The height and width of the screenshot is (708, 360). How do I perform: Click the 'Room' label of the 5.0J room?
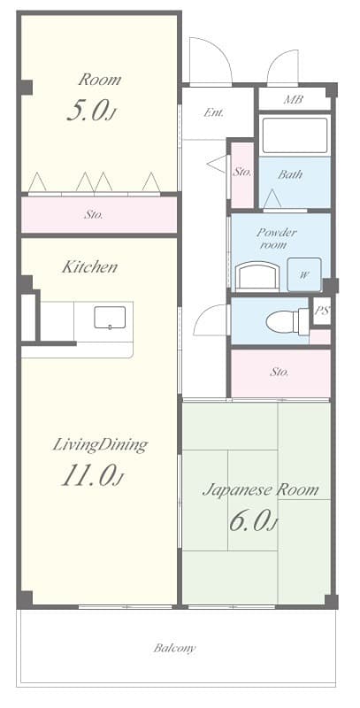[99, 80]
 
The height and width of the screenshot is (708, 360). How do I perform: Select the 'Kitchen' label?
[88, 266]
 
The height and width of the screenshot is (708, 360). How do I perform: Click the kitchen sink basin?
[110, 317]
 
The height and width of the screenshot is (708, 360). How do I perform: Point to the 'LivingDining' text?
[100, 444]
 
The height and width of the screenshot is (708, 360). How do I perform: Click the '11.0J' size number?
[92, 477]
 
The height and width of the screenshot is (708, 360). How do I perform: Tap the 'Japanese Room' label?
[261, 489]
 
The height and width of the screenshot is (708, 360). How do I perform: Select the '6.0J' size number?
[252, 521]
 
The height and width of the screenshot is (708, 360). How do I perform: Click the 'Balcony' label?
[174, 648]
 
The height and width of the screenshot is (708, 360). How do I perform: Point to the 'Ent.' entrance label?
[213, 112]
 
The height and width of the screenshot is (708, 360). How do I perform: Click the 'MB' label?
[294, 99]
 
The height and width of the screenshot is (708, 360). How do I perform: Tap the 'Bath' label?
[290, 174]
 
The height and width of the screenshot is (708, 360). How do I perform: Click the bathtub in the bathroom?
[295, 135]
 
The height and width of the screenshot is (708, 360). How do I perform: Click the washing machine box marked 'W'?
[303, 275]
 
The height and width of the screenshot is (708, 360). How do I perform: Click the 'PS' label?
[322, 312]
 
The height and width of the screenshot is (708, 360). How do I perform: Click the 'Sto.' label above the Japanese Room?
[280, 373]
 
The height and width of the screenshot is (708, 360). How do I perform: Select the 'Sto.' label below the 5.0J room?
[94, 214]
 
